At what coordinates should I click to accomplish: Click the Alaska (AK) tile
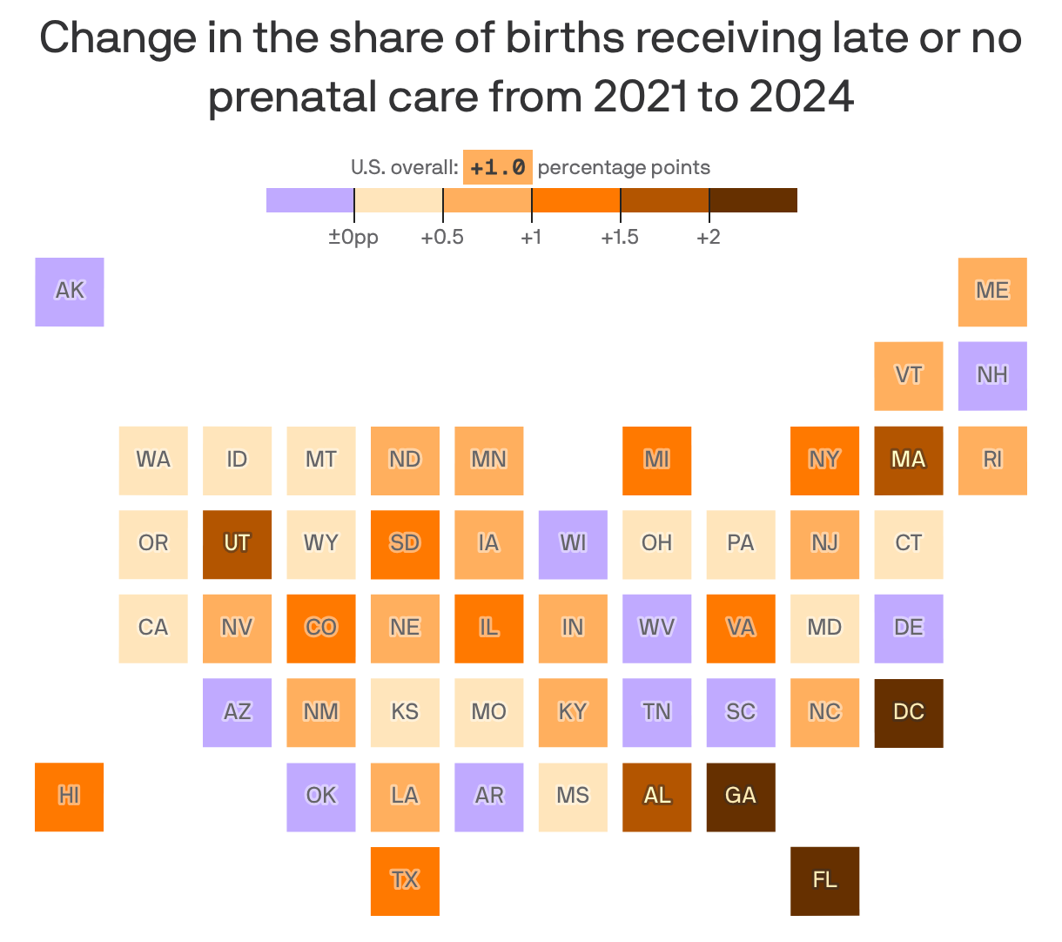pos(70,292)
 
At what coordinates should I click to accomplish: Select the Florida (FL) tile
pos(824,881)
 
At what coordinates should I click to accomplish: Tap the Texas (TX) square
pos(405,881)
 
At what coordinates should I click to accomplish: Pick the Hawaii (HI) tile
pos(70,797)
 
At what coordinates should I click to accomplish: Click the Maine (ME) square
pos(992,292)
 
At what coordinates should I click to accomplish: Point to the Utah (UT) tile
pos(237,544)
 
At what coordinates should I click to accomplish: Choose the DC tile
pos(908,712)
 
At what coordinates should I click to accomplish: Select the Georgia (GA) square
pos(741,797)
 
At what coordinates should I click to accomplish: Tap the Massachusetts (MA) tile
pos(908,461)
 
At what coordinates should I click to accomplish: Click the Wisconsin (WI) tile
pos(573,544)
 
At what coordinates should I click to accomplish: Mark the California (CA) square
pos(153,629)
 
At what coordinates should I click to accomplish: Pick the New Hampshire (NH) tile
pos(992,376)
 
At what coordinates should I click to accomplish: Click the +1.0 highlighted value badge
pos(497,167)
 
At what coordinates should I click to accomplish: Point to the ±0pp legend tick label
pos(353,237)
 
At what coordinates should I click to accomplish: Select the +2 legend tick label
pos(709,237)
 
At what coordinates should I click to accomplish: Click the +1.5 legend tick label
pos(620,237)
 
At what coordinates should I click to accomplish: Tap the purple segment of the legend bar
pos(310,200)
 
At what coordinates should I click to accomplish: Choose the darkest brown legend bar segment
pos(753,200)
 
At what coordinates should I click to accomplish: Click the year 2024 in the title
pos(801,97)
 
